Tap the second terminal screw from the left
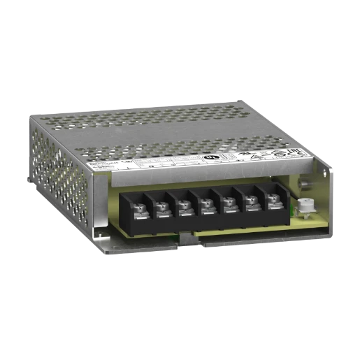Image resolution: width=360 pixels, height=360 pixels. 161,206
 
